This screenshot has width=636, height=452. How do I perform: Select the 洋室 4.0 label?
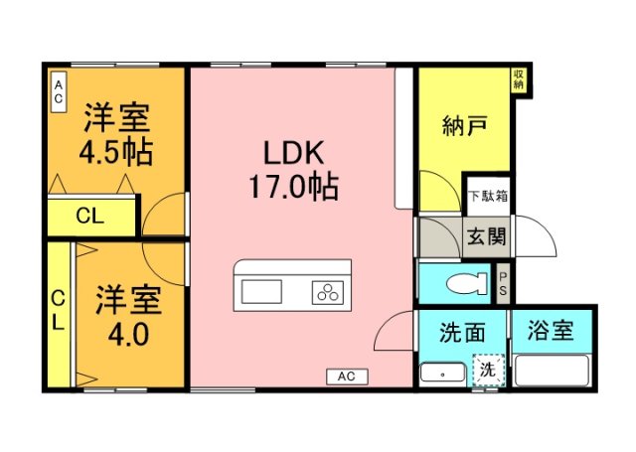[x=122, y=315]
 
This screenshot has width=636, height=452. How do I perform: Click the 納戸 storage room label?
[x=463, y=127]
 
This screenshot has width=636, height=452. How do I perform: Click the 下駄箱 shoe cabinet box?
[x=488, y=195]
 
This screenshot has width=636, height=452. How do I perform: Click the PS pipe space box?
[x=503, y=282]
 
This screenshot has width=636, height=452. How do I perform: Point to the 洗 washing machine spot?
[x=488, y=370]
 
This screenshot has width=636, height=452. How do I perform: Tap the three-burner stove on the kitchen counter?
[x=327, y=292]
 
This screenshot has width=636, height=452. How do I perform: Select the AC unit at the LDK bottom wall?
[x=346, y=377]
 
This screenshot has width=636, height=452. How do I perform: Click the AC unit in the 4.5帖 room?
[x=59, y=93]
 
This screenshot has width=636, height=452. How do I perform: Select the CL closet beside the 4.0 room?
[x=59, y=311]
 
